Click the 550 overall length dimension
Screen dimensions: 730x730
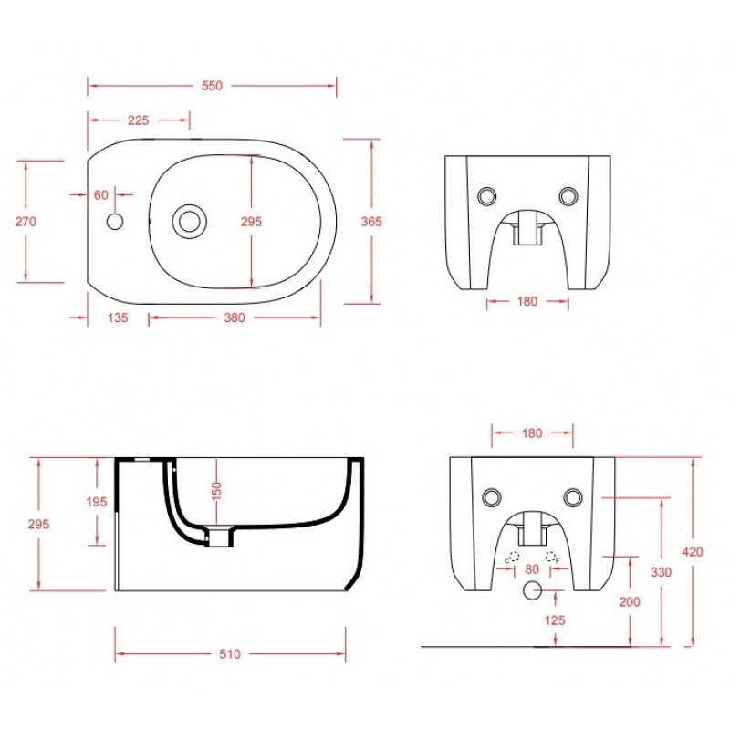(x=212, y=86)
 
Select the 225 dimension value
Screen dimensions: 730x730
(x=139, y=120)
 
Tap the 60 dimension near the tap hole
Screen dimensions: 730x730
(x=101, y=194)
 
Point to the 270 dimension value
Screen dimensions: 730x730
(x=26, y=221)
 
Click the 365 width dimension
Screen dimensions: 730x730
(x=371, y=222)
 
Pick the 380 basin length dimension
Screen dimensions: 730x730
(x=235, y=318)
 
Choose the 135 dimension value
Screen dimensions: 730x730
(x=118, y=318)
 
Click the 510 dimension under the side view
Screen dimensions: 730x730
(x=230, y=654)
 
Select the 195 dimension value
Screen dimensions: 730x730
(x=97, y=501)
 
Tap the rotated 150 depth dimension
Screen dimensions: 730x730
(x=216, y=491)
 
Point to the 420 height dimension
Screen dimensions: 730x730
(x=693, y=552)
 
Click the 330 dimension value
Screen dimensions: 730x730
(x=661, y=572)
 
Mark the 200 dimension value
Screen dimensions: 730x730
(x=630, y=602)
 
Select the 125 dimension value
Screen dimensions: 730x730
(x=555, y=620)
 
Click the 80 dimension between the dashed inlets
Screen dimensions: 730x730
(x=532, y=568)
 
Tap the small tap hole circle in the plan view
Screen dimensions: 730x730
(x=115, y=222)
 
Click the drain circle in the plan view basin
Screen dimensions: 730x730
(x=190, y=221)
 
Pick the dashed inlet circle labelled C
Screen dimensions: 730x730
(x=514, y=556)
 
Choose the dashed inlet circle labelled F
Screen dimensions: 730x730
(x=550, y=556)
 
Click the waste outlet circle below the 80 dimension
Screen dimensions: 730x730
(x=532, y=590)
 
